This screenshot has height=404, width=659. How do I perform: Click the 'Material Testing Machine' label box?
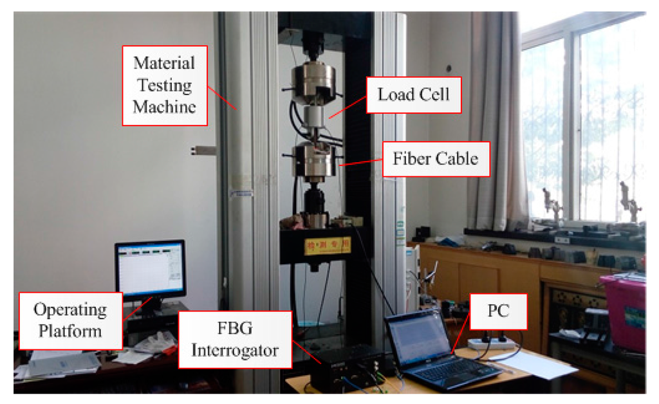coord(164,85)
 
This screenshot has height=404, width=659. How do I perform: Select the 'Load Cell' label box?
coord(413,95)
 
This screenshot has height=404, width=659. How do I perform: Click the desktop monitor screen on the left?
coord(149,268)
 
